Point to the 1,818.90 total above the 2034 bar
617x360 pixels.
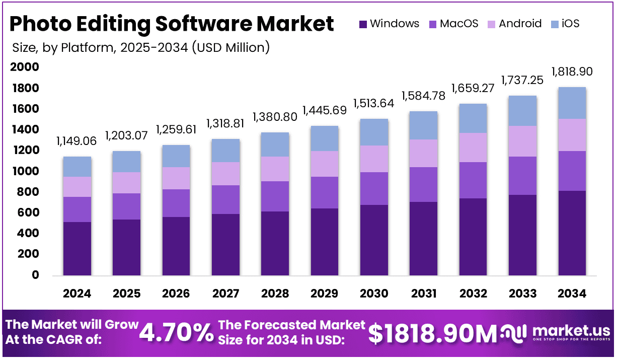point(572,71)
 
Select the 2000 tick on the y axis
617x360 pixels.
point(25,67)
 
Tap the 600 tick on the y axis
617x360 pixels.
point(29,212)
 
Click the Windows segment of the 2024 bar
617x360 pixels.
point(77,249)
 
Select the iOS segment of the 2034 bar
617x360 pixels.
point(572,103)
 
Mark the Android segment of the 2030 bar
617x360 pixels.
point(374,159)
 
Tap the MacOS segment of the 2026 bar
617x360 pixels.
point(176,203)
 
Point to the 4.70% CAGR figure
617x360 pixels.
point(176,332)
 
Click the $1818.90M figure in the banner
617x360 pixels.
point(432,332)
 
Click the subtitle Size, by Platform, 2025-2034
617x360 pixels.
point(140,48)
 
